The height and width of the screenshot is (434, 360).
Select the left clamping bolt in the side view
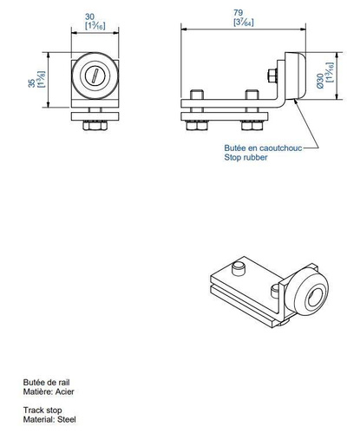coord(195,108)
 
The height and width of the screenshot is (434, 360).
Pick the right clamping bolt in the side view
coord(252,108)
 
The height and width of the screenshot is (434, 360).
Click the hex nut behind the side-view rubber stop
coord(273,76)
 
